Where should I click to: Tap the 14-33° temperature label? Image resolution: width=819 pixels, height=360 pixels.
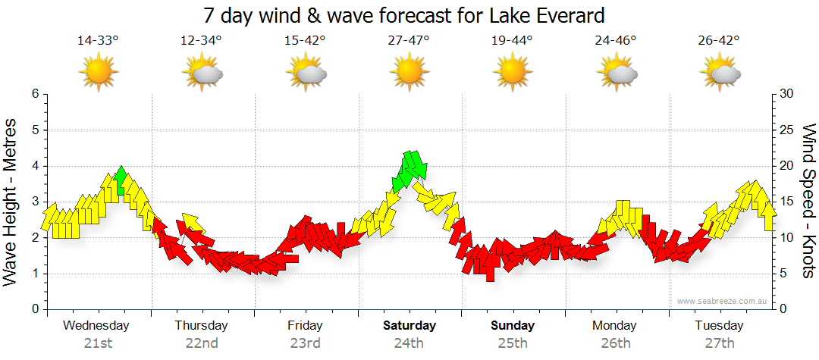pyautogui.click(x=98, y=40)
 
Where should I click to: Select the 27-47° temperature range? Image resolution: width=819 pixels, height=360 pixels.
pyautogui.click(x=409, y=40)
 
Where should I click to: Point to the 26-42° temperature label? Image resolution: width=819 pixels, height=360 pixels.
pyautogui.click(x=719, y=40)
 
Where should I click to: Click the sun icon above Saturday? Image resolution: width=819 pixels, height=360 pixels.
pyautogui.click(x=409, y=73)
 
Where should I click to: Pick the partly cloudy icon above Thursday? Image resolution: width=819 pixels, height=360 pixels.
pyautogui.click(x=202, y=74)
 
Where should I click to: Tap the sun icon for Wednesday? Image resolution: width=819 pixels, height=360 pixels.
pyautogui.click(x=99, y=73)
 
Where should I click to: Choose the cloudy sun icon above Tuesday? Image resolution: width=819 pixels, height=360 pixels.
pyautogui.click(x=720, y=74)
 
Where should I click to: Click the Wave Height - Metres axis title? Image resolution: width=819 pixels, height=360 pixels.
pyautogui.click(x=11, y=201)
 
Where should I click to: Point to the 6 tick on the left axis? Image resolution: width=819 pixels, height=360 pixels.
pyautogui.click(x=34, y=94)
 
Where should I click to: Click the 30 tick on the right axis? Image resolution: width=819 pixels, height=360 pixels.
pyautogui.click(x=787, y=94)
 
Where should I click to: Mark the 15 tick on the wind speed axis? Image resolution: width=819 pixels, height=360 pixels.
pyautogui.click(x=787, y=202)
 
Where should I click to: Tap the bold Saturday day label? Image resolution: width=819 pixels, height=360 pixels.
pyautogui.click(x=409, y=326)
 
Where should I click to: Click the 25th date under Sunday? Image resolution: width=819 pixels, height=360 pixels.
pyautogui.click(x=513, y=343)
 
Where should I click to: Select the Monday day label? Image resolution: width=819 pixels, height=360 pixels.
pyautogui.click(x=616, y=326)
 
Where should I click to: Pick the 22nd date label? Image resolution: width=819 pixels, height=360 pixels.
pyautogui.click(x=202, y=343)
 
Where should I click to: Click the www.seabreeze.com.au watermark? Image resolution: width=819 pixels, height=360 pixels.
pyautogui.click(x=723, y=301)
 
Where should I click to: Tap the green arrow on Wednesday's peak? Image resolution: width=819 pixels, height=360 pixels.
pyautogui.click(x=121, y=179)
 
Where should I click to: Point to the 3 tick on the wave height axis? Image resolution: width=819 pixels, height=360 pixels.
pyautogui.click(x=34, y=202)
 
